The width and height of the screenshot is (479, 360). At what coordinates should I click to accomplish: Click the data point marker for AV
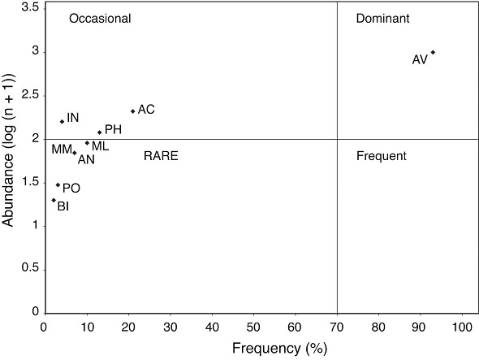coord(433,52)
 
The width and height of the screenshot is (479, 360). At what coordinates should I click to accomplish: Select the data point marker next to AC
coord(132,111)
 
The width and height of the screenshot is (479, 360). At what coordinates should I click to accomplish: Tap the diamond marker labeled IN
coord(62,121)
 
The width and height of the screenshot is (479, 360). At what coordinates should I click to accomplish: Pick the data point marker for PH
coord(100,132)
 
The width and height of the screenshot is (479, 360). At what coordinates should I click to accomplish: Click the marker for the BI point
coord(54,200)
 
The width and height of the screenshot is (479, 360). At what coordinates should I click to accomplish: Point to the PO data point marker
coord(58,185)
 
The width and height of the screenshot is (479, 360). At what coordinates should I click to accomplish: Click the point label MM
coord(62,150)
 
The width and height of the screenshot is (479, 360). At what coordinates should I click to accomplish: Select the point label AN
coord(86,159)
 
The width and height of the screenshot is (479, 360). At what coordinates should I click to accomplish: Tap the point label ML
coord(100,146)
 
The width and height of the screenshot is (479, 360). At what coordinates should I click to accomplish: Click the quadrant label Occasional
coord(100,19)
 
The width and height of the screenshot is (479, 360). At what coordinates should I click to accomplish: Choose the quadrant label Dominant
coord(382,19)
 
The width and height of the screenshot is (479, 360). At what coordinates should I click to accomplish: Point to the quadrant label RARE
coord(161,155)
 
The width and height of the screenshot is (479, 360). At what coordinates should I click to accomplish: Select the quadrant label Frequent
coord(381,155)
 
